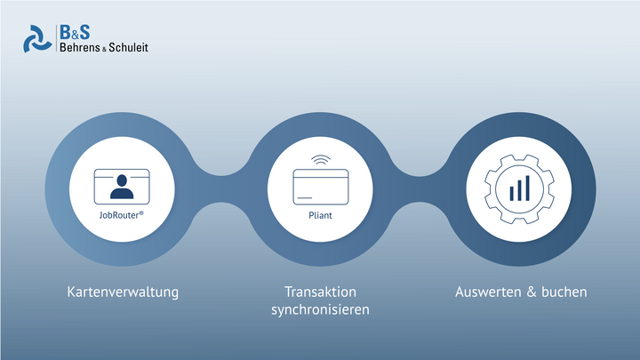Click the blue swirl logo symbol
37,39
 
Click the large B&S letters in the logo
75,32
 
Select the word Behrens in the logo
80,47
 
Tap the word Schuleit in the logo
128,47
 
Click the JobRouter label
121,215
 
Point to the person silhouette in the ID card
122,187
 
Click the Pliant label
320,215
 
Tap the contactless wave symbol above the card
321,160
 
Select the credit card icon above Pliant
321,187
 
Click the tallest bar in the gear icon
528,188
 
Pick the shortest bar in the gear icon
511,194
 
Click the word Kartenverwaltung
123,292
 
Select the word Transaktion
320,292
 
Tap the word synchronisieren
320,310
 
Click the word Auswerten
488,292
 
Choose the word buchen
564,292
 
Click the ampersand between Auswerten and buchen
532,292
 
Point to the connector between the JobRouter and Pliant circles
220,189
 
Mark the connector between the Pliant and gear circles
420,189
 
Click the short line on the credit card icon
305,198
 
